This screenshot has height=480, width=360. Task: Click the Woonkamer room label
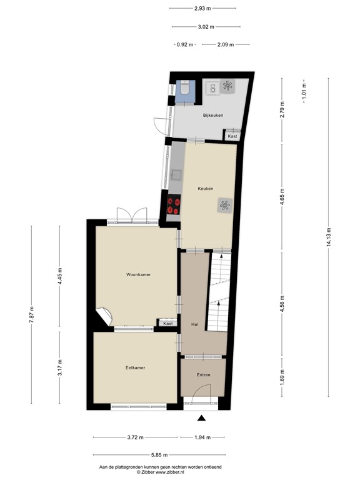tap(138, 274)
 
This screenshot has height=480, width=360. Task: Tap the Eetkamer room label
tap(135, 367)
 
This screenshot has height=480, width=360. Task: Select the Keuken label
tap(206, 188)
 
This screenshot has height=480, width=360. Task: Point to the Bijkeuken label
tap(212, 116)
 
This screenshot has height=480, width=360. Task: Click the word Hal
tap(194, 324)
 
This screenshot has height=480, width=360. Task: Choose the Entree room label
tap(202, 375)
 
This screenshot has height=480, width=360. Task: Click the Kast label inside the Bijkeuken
tap(232, 136)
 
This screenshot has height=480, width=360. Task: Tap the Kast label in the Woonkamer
tap(167, 323)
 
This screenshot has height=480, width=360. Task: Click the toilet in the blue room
tap(184, 91)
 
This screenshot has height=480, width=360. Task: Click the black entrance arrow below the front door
tap(201, 419)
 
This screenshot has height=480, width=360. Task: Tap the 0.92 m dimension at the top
tap(186, 44)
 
